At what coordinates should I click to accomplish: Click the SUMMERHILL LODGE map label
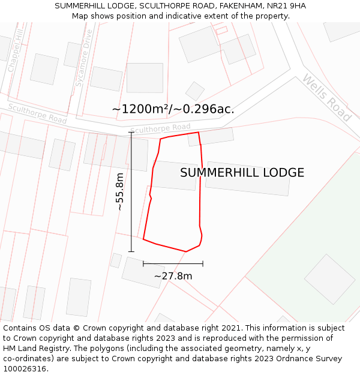(242, 173)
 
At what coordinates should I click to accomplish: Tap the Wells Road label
(326, 98)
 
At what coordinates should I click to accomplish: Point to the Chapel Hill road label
(16, 52)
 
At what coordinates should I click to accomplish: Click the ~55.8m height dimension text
(119, 191)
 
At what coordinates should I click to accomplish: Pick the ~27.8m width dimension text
(173, 276)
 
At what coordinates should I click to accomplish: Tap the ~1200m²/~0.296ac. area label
(173, 109)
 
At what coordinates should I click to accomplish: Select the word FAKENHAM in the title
(236, 5)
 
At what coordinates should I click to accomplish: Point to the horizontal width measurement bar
(173, 263)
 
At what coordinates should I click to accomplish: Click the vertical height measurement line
(131, 191)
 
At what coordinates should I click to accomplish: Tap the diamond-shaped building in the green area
(329, 279)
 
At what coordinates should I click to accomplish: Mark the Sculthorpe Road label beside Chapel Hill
(37, 114)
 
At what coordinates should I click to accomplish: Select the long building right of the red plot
(247, 178)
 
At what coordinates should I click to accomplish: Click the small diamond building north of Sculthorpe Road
(194, 91)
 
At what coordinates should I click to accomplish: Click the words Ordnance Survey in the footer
(311, 359)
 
